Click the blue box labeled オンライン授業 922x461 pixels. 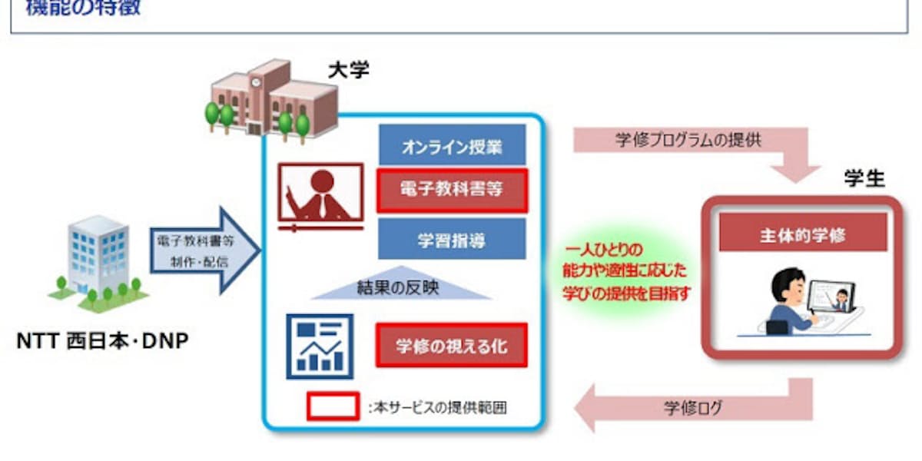point(452,148)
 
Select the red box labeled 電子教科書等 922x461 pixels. point(452,190)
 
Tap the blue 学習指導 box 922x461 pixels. point(452,238)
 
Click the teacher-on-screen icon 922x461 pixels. point(320,196)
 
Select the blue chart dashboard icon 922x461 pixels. point(320,346)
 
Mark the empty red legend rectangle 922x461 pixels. point(333,406)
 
